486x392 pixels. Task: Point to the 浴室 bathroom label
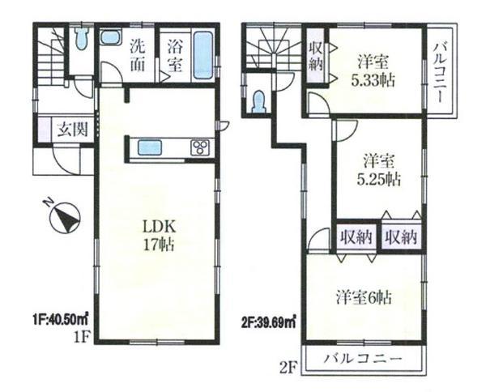(173, 55)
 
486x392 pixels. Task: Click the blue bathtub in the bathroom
(203, 54)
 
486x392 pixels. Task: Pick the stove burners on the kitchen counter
(199, 147)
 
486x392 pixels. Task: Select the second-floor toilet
(259, 101)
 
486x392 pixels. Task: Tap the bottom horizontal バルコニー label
(359, 357)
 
